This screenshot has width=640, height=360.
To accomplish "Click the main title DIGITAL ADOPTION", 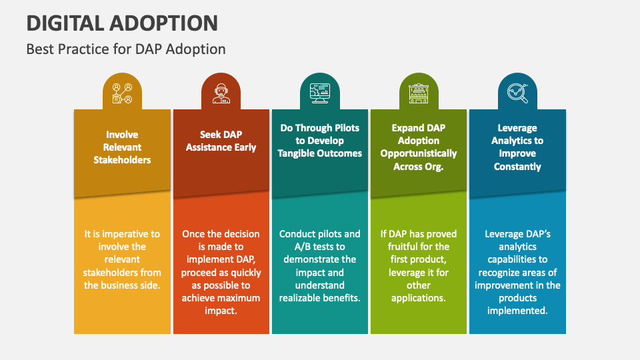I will [x=122, y=23].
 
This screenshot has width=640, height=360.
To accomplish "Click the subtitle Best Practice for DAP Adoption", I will [x=126, y=49].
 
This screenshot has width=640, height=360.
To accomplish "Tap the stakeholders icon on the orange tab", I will [x=122, y=93].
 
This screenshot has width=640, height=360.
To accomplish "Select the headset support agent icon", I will [x=221, y=93].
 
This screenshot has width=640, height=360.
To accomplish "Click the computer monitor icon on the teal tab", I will [x=319, y=93].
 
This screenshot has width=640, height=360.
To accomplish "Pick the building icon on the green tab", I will [x=418, y=93].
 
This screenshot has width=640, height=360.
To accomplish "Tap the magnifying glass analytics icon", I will [x=517, y=93].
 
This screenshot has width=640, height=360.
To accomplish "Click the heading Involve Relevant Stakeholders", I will [x=122, y=147].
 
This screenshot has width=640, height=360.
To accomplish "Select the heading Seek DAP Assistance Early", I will [x=221, y=141].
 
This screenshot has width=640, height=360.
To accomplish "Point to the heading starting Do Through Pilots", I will [x=319, y=140].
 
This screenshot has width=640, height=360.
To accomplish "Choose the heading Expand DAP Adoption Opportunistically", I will [x=418, y=147].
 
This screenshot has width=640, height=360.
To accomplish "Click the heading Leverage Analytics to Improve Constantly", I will [x=517, y=147].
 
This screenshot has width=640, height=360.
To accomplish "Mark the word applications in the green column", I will [x=418, y=297].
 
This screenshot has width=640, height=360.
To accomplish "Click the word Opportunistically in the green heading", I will [x=418, y=153].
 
